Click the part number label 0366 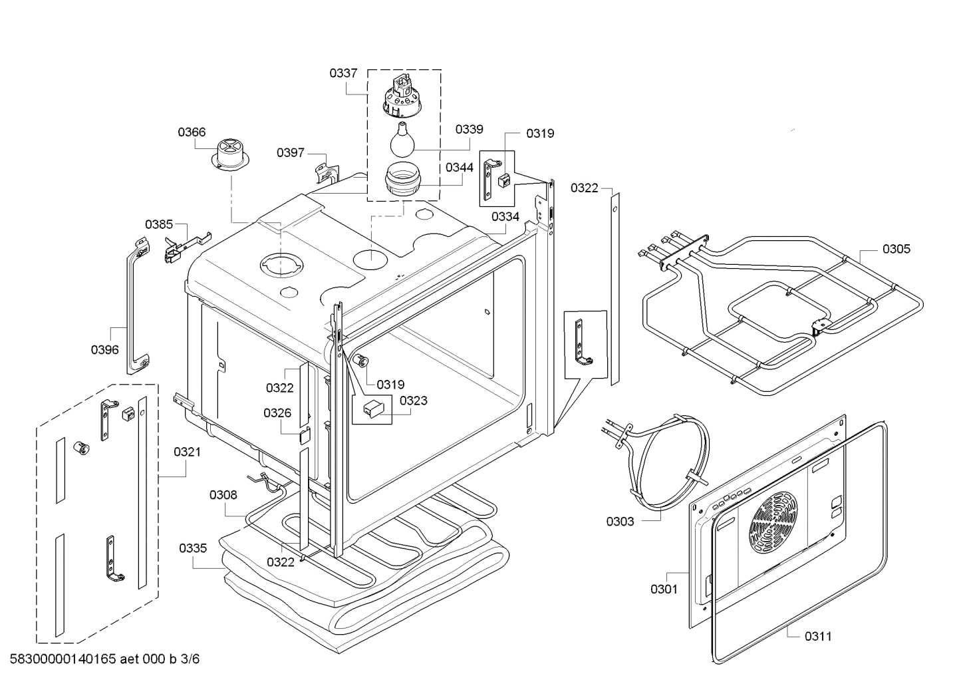(x=191, y=132)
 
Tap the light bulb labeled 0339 (x=404, y=139)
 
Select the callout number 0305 (x=896, y=249)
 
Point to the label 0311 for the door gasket (x=818, y=636)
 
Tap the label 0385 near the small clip (x=159, y=224)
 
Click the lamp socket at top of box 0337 (x=401, y=94)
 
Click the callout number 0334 (x=505, y=216)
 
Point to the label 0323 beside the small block (x=413, y=401)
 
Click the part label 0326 (x=277, y=413)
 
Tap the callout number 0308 (x=223, y=494)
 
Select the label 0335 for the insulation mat (x=193, y=548)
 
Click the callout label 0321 (x=187, y=452)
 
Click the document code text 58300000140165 (x=63, y=659)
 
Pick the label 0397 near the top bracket (x=291, y=153)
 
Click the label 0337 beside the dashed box (x=343, y=73)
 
